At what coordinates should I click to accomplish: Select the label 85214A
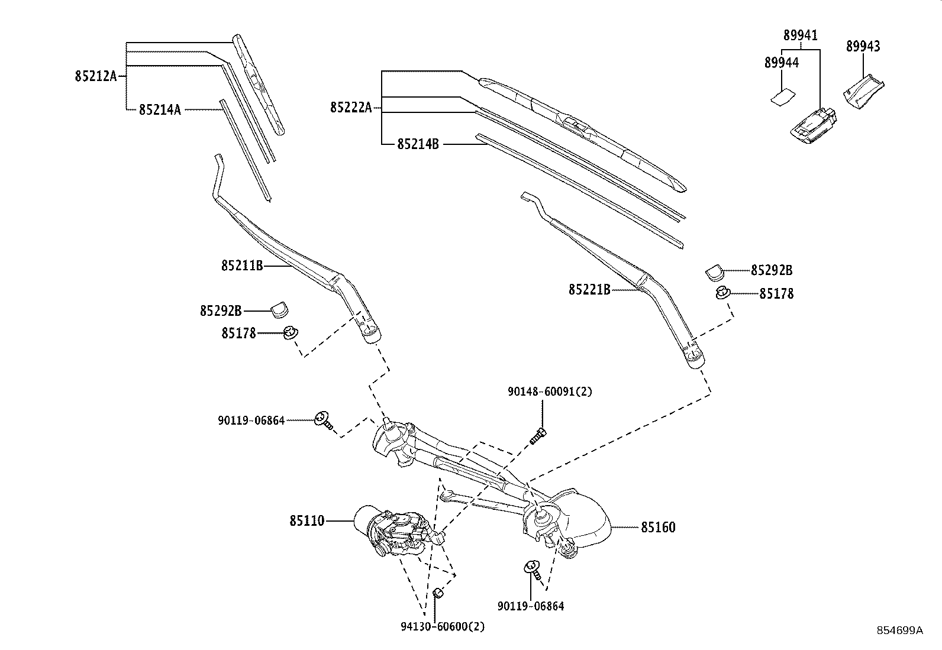[160, 109]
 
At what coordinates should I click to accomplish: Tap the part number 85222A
[351, 107]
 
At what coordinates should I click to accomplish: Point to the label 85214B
[418, 144]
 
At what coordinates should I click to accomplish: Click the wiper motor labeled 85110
[396, 531]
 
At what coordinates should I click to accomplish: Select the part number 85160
[658, 527]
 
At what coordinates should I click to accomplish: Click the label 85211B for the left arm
[242, 266]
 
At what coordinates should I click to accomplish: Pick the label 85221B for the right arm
[589, 290]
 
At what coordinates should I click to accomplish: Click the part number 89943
[863, 47]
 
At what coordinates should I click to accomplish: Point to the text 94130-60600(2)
[443, 626]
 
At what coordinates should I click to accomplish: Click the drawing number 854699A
[899, 630]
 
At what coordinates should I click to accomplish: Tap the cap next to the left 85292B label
[280, 309]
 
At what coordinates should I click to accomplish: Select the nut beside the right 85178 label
[722, 292]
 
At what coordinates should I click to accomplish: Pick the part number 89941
[801, 35]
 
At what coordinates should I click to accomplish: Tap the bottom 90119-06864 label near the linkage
[531, 606]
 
